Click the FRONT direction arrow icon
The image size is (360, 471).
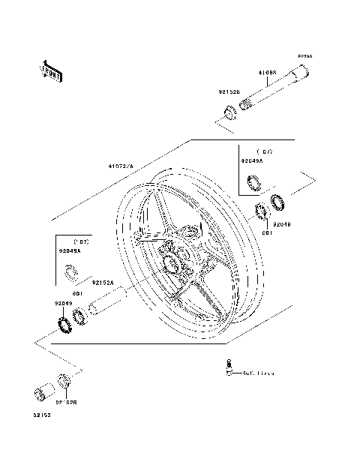49,70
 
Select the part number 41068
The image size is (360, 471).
268,73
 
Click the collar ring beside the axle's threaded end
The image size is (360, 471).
226,115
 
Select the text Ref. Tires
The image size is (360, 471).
256,373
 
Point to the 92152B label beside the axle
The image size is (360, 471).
229,92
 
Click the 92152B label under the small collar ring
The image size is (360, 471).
66,403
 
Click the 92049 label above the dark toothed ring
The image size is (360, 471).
62,303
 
